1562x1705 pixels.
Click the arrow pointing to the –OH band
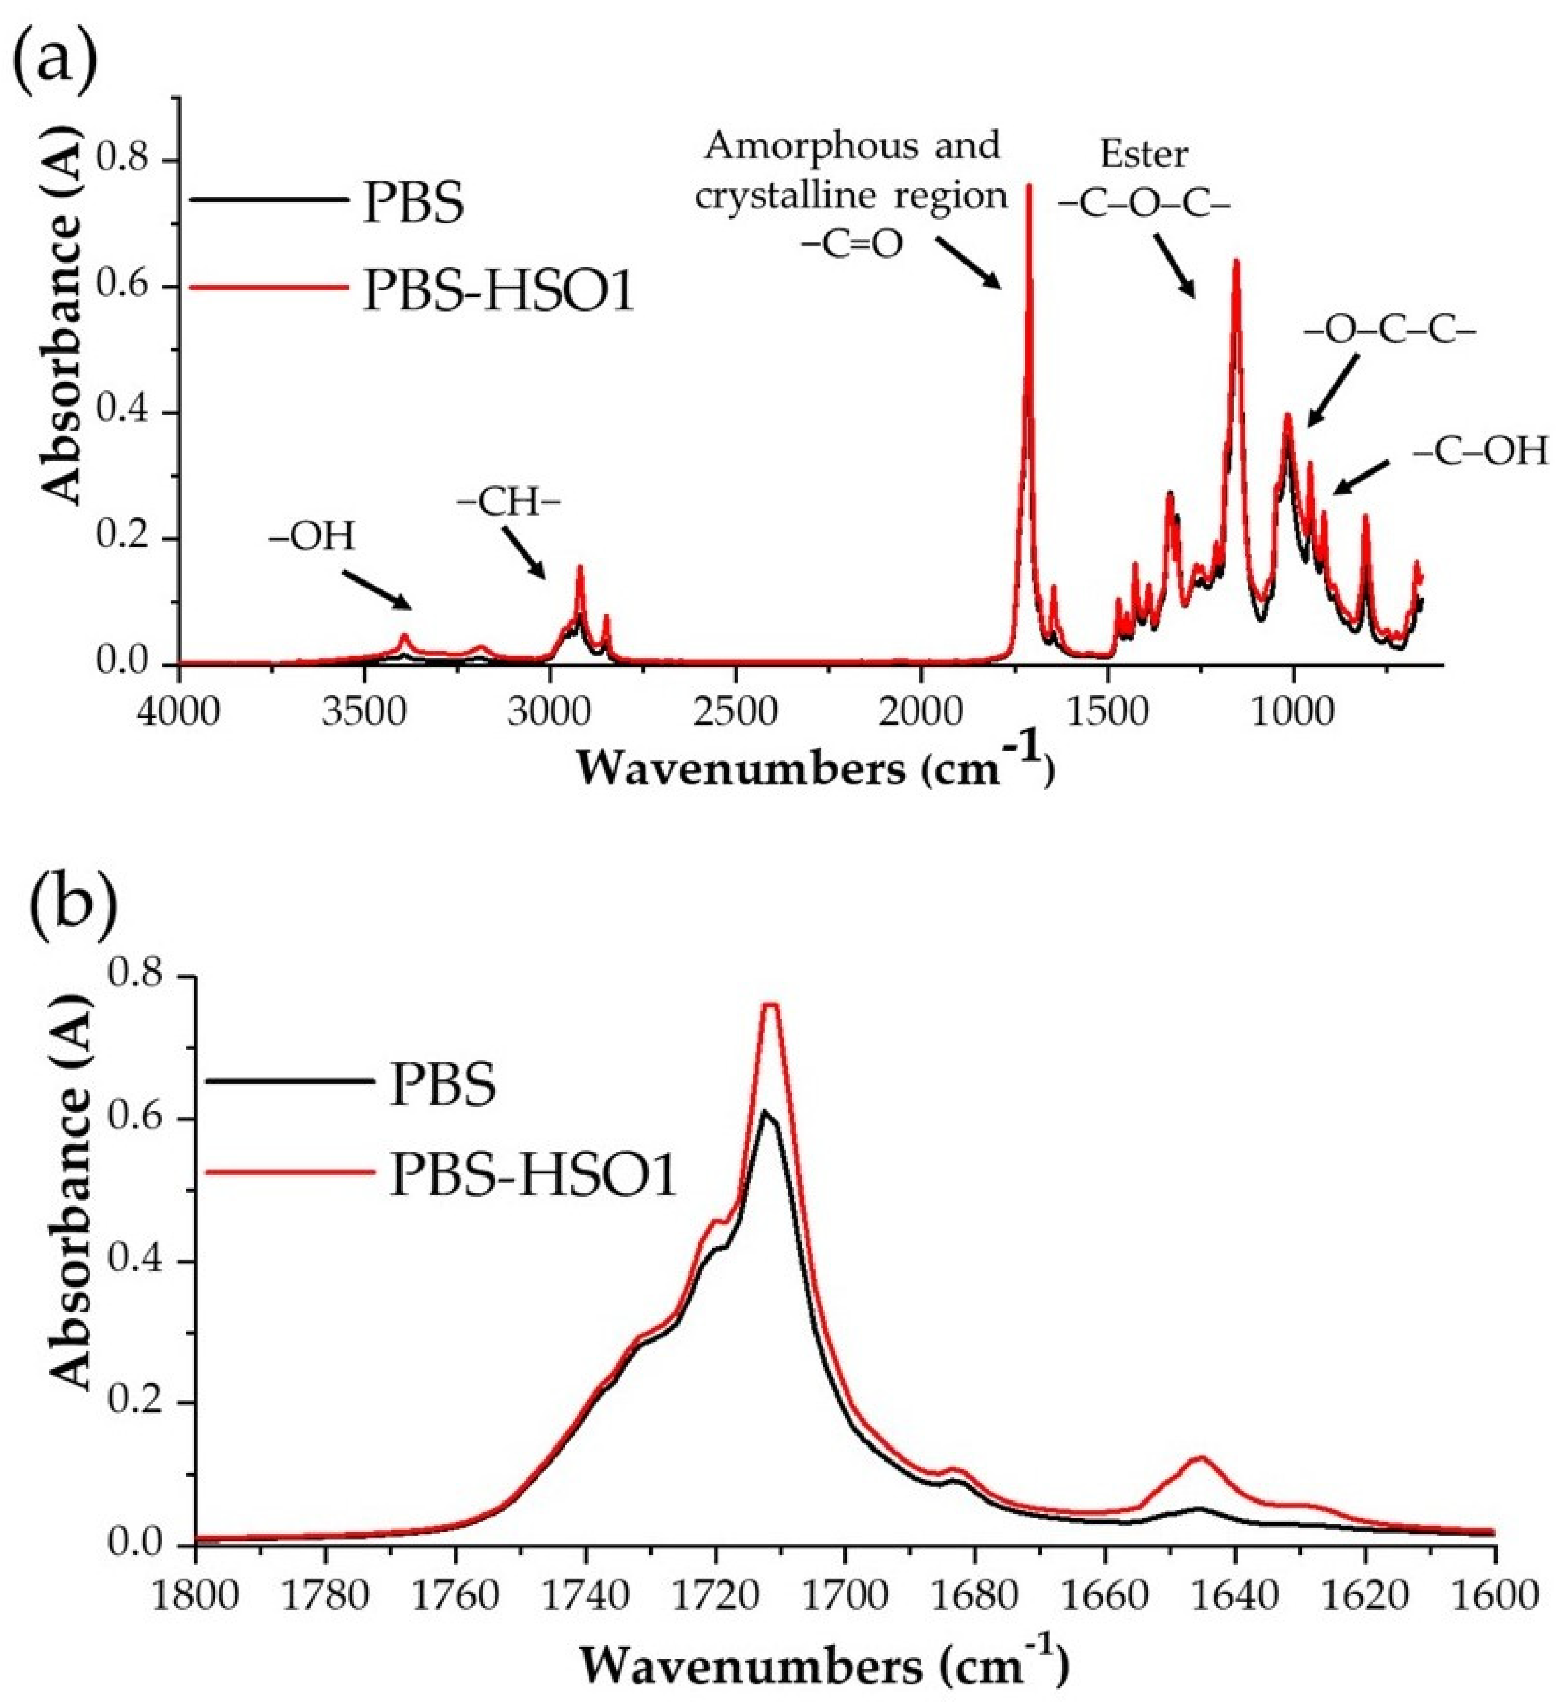pos(376,588)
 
